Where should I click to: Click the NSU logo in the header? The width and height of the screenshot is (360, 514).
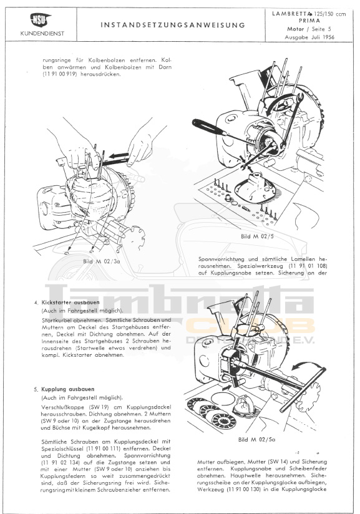click(x=41, y=20)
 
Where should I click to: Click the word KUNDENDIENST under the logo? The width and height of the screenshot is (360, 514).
click(x=42, y=34)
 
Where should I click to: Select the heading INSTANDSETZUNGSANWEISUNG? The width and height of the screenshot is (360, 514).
click(x=173, y=25)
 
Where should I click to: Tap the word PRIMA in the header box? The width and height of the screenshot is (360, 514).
click(x=309, y=21)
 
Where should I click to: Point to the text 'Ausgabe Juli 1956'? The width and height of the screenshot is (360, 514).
click(x=309, y=37)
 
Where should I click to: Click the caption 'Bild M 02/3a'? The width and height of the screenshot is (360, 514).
click(x=102, y=261)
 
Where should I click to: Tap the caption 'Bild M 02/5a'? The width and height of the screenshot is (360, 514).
click(x=256, y=439)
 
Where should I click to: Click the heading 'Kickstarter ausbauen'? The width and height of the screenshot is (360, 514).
click(x=71, y=303)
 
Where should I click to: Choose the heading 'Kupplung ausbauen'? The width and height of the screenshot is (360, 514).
click(x=68, y=389)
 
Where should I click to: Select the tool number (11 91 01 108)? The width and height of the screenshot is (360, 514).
click(x=308, y=266)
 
